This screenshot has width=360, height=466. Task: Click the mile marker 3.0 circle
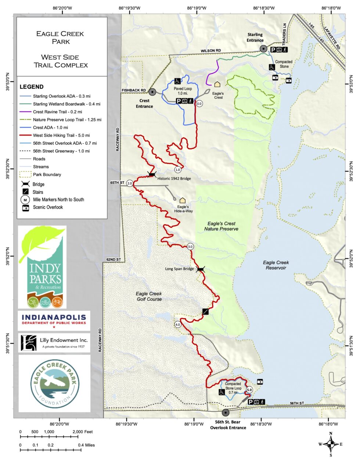[x=190, y=247]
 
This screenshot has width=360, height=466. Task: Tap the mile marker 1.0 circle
[x=178, y=170]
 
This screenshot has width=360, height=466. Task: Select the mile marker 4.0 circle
[x=178, y=325]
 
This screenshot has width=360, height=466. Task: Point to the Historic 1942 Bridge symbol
[x=152, y=174]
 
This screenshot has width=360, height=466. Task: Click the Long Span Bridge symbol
[x=200, y=269]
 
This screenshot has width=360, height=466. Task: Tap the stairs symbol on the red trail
[x=206, y=312]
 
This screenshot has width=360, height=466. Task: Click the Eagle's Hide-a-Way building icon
[x=182, y=200]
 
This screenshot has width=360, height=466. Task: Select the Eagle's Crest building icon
[x=217, y=85]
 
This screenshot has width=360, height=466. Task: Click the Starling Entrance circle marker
[x=263, y=49]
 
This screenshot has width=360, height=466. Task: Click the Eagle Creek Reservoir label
[x=276, y=265]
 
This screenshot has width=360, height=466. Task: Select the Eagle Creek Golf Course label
[x=149, y=296]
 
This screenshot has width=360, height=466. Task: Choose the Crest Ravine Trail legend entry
[x=57, y=112]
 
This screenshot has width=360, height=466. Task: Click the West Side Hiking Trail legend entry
[x=61, y=135]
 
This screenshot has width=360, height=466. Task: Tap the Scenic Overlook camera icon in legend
[x=25, y=207]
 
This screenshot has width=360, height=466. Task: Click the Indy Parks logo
[x=43, y=267]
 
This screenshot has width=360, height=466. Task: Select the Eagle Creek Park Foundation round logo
[x=54, y=383]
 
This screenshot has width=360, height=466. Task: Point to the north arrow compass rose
[x=331, y=444]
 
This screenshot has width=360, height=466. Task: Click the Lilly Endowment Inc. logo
[x=54, y=343]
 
